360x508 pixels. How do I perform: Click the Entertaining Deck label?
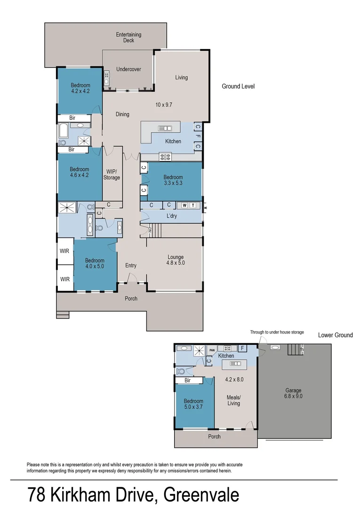click(128, 38)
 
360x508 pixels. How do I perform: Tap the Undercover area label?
click(128, 69)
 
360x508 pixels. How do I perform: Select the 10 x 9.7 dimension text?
click(164, 105)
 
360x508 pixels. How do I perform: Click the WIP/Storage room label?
click(112, 175)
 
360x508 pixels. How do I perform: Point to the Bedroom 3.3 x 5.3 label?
click(173, 181)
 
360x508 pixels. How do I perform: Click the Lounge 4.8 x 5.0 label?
click(175, 260)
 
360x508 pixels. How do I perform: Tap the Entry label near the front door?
click(131, 266)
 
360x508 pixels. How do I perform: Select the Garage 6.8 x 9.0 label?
click(293, 393)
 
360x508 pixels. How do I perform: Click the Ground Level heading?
click(238, 87)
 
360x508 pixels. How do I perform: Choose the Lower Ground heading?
click(335, 335)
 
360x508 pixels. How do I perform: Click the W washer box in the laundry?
click(184, 205)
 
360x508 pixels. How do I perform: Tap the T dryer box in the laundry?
click(193, 205)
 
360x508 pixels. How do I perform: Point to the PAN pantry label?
click(212, 349)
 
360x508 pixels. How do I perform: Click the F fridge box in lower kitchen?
click(243, 349)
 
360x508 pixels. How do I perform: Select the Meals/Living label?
click(233, 400)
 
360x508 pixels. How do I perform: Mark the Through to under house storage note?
click(277, 332)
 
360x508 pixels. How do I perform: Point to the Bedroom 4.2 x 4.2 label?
click(80, 88)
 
